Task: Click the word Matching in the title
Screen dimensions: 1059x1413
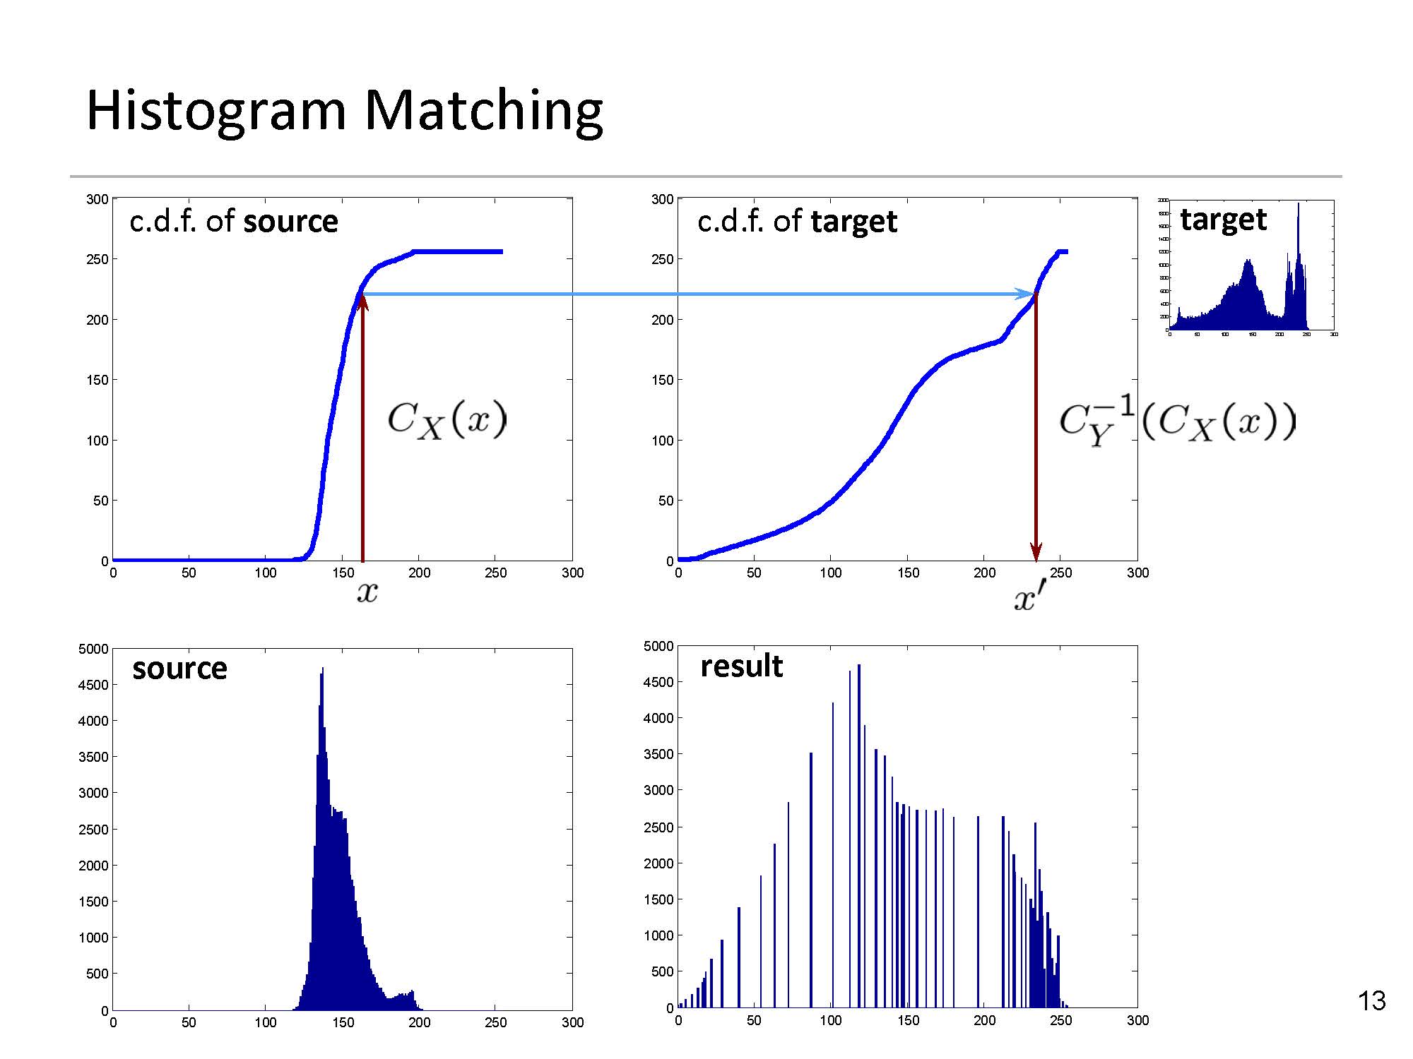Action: click(x=484, y=112)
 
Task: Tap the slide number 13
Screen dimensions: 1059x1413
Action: click(x=1371, y=1001)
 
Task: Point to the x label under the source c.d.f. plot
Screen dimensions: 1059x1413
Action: click(x=367, y=592)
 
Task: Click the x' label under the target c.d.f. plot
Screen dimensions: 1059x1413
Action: click(x=1029, y=599)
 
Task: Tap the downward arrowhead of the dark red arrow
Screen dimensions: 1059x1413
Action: click(x=1036, y=552)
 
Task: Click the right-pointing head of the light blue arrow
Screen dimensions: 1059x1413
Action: click(x=1024, y=294)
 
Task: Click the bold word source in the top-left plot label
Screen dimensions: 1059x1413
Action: click(x=290, y=222)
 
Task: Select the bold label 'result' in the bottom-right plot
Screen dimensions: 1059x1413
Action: click(x=741, y=666)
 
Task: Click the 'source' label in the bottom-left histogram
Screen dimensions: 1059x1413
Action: click(x=179, y=668)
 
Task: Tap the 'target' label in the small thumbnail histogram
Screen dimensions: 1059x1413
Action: click(x=1223, y=219)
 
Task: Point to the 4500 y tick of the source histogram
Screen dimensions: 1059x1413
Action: click(x=94, y=685)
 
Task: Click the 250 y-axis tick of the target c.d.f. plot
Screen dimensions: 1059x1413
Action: click(x=662, y=259)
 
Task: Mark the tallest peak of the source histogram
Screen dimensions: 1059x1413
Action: click(x=322, y=669)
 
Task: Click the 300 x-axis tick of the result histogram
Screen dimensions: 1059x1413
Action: click(x=1137, y=1020)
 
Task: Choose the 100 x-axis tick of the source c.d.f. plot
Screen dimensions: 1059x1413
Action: click(x=266, y=573)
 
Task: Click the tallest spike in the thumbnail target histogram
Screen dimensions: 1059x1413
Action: click(x=1298, y=205)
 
